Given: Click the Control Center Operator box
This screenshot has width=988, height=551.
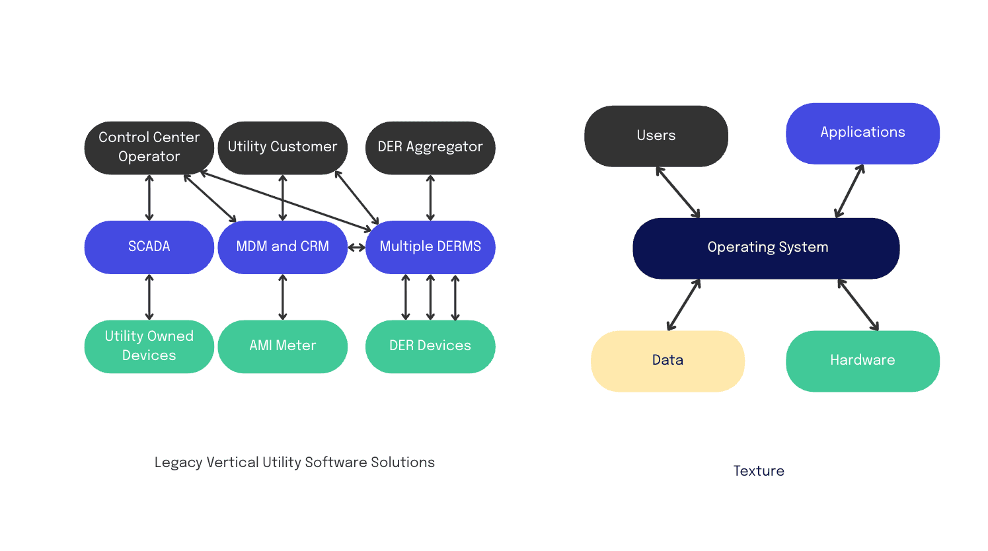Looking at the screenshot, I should tap(149, 147).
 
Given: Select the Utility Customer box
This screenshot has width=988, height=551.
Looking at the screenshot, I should tap(282, 147).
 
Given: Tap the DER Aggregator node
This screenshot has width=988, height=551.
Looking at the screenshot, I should tap(430, 147).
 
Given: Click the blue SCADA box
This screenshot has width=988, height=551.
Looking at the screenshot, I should tap(149, 247).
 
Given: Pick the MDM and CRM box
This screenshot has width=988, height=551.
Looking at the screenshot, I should tap(282, 247).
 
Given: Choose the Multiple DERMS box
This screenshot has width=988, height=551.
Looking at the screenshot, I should tap(430, 247).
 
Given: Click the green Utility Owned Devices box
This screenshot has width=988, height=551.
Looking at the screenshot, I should tap(149, 346).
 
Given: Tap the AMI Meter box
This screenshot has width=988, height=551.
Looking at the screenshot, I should tap(282, 346).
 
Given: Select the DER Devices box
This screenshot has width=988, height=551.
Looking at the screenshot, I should tap(430, 346).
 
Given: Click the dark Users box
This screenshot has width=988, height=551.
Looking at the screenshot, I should tap(656, 136).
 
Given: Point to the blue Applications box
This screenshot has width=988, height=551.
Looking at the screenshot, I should tap(862, 133).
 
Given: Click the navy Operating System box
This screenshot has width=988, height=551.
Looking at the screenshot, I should tap(766, 248).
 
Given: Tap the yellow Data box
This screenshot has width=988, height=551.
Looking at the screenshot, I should tap(667, 361).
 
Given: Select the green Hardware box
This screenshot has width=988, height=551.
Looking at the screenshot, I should tap(862, 361).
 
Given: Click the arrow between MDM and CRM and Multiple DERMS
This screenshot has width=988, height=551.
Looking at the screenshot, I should tap(356, 248).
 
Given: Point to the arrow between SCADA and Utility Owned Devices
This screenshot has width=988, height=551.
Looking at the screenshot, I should tap(149, 297).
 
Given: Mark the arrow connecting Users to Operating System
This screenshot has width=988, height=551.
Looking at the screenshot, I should tap(677, 192).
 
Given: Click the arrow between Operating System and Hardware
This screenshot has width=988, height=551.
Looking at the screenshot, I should tap(858, 305).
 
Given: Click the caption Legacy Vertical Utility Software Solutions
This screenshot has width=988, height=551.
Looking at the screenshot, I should tap(294, 462).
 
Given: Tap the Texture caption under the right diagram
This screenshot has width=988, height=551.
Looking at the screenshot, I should tap(759, 471).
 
